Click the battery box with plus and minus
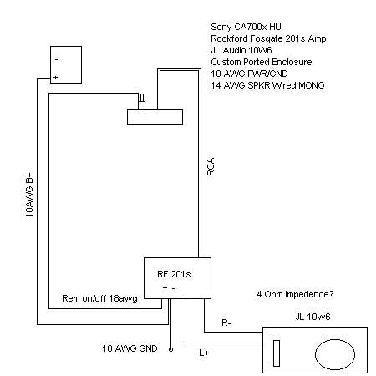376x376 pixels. (66, 65)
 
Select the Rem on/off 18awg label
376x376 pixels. (99, 297)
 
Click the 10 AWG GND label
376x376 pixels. (130, 347)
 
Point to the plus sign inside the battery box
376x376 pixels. (56, 77)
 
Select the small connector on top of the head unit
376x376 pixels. (143, 103)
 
